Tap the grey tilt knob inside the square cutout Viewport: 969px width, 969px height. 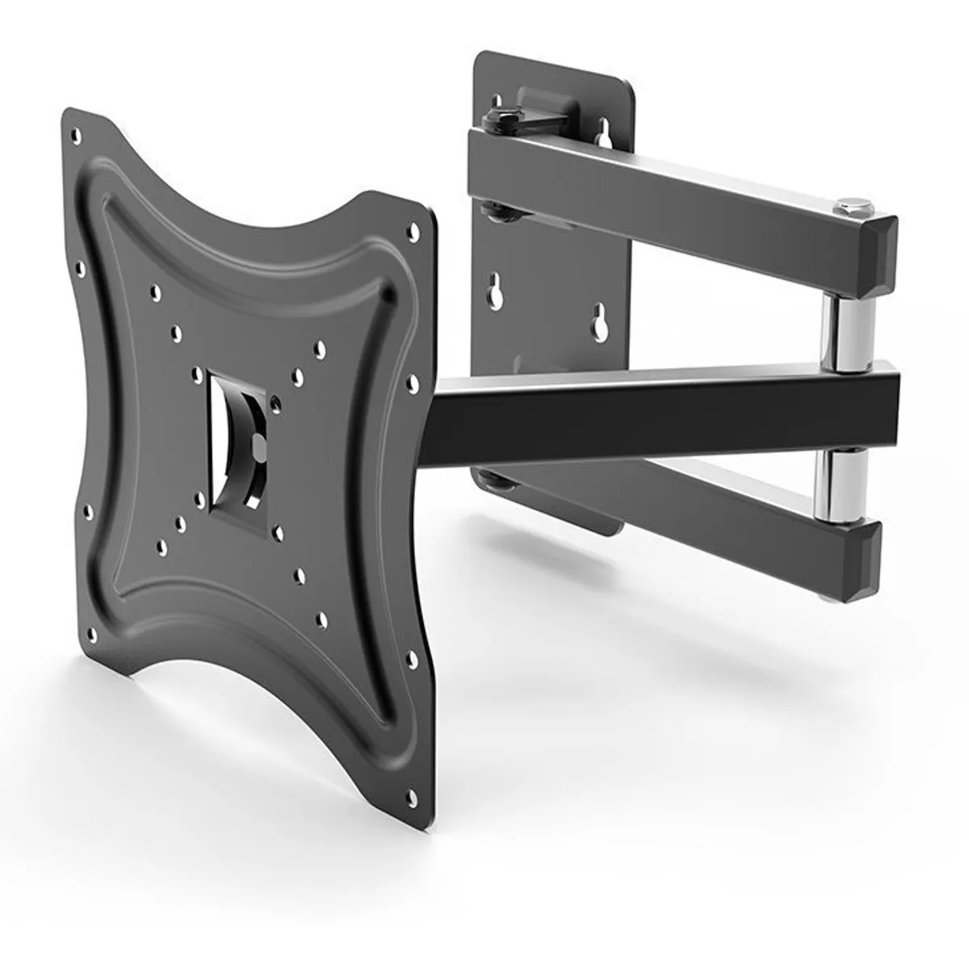coord(257,443)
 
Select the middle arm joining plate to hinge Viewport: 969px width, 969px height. coord(646,412)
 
